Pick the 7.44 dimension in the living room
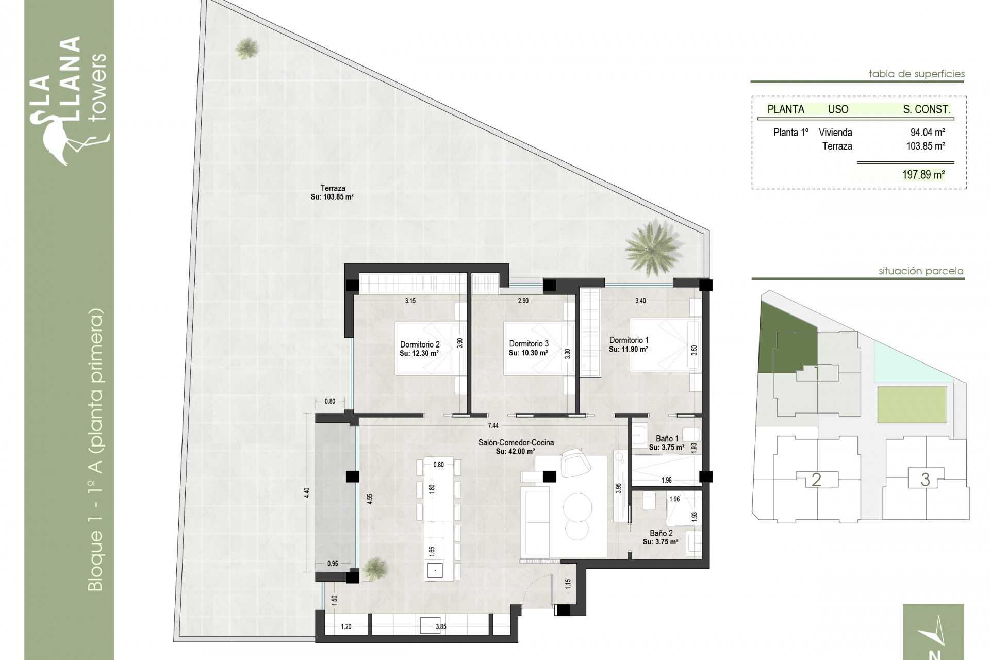[x=493, y=425]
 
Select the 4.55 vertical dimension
[x=370, y=500]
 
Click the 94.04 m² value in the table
[x=927, y=133]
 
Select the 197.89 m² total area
[x=923, y=175]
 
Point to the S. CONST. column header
[x=926, y=109]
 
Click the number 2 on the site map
[x=816, y=480]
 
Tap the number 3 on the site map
[x=925, y=480]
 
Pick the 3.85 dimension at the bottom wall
[x=440, y=627]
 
